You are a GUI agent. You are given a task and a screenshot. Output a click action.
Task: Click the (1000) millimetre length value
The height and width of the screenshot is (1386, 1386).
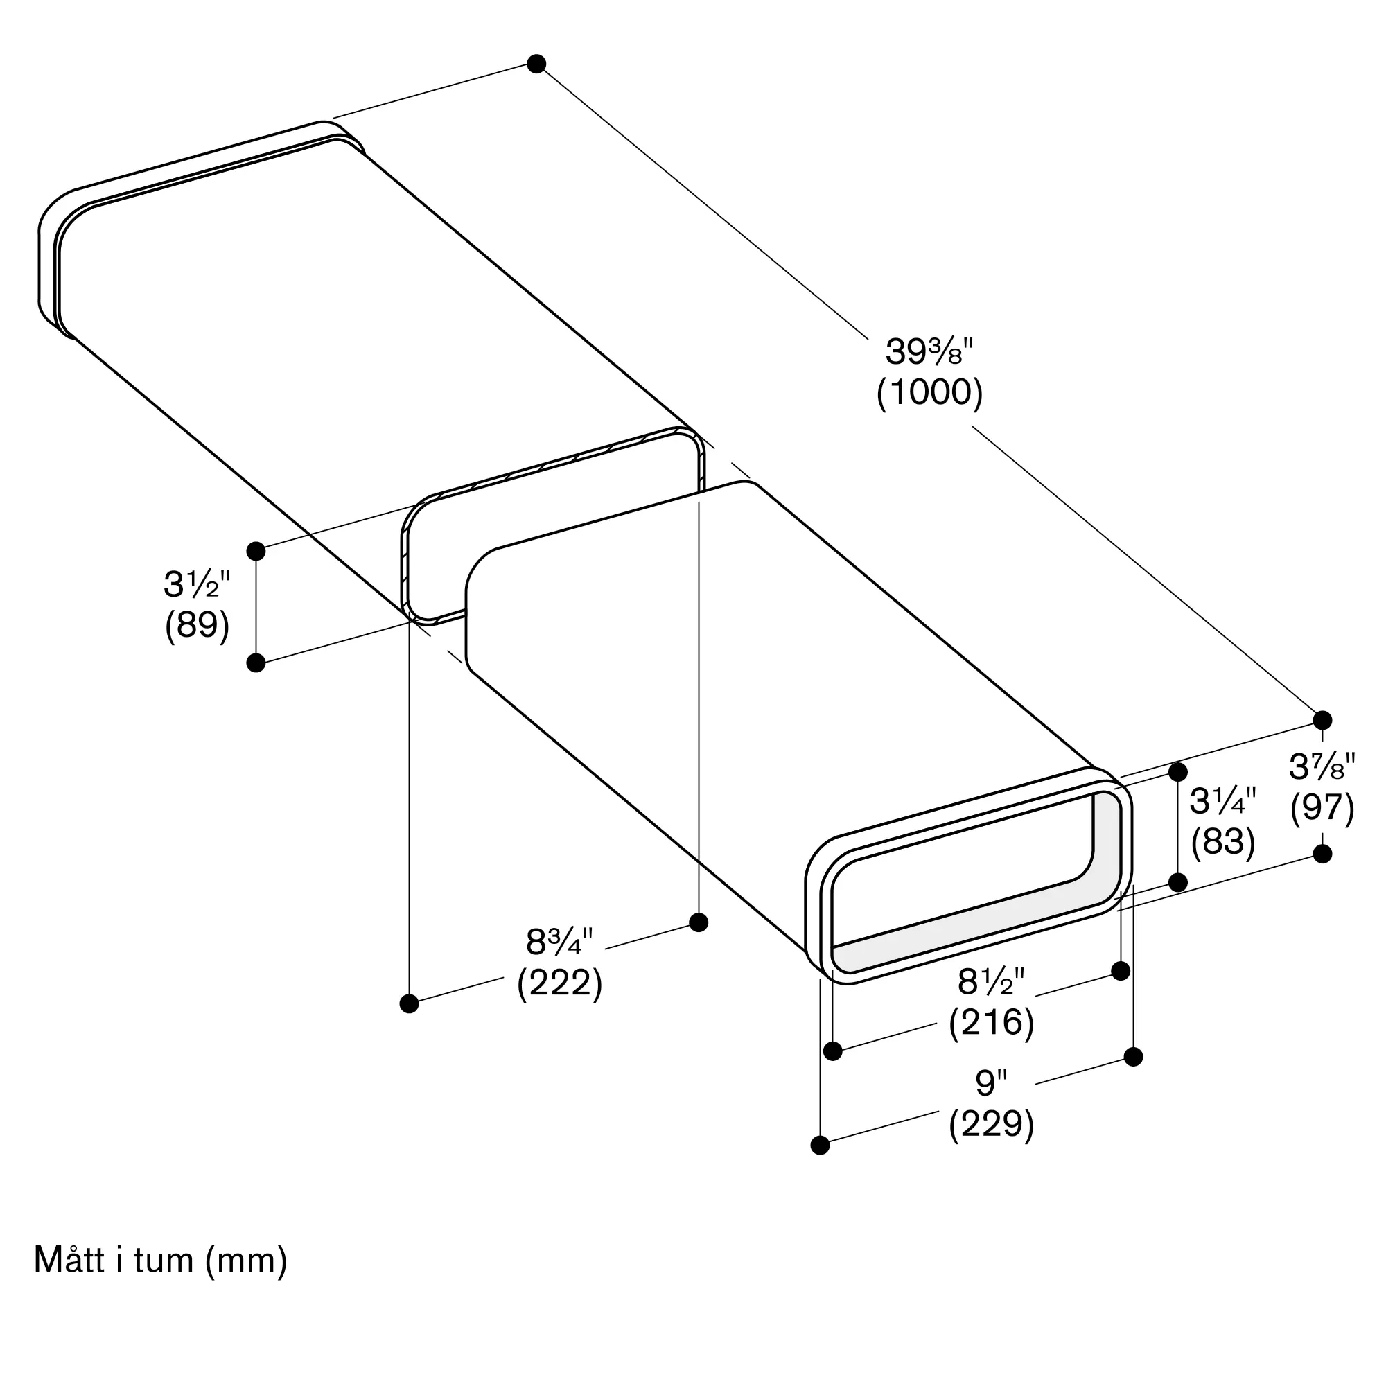point(930,392)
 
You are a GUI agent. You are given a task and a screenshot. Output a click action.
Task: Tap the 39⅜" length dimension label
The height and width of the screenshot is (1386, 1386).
point(929,351)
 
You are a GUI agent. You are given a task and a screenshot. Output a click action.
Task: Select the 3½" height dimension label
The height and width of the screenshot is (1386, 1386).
point(198,584)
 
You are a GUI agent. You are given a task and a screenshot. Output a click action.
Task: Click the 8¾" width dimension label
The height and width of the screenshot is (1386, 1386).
point(559,942)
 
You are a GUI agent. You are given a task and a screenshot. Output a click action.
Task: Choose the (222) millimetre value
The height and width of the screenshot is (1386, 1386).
point(559,982)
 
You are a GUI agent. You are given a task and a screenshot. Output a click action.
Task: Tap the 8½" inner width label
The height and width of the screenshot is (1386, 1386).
point(992,981)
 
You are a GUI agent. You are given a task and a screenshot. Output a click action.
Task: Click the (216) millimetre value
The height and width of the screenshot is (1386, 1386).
point(992,1022)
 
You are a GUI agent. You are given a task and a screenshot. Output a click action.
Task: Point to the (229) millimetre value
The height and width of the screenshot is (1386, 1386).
point(992,1124)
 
